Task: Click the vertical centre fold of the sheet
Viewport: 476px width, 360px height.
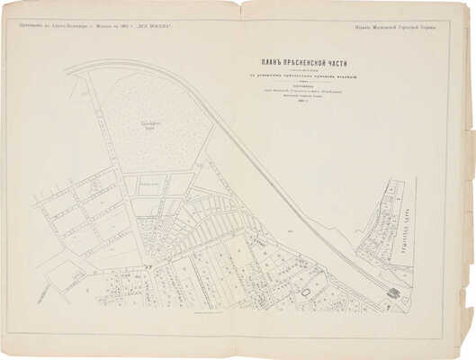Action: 238,180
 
